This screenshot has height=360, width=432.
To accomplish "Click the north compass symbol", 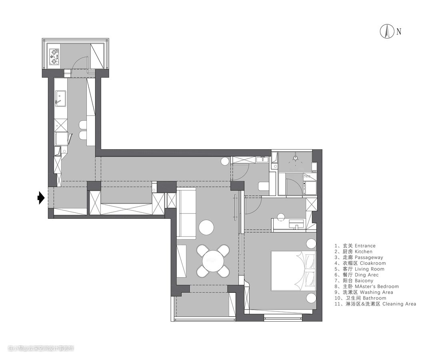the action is pos(387,32).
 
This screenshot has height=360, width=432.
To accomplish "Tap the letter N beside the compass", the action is pos(399,32).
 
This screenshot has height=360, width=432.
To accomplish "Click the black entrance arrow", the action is pos(41,197).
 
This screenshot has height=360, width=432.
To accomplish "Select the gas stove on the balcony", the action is pos(54,57).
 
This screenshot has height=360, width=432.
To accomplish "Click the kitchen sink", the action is pos(60,98).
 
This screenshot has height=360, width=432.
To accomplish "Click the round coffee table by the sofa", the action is pos(206,227).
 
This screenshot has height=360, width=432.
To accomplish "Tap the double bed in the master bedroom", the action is pos(294,270).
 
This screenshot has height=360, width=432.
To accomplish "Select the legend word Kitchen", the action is pos(363,252).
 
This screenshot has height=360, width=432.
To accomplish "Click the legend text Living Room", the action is pos(370,269).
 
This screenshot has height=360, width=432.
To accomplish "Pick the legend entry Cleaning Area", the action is pos(399,304).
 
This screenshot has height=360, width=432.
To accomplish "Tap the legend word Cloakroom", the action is pos(373,263).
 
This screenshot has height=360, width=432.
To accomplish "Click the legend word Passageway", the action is pos(369,258).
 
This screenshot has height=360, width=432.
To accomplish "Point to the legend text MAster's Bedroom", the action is pos(377,286).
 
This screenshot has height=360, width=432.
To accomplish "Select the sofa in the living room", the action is pos(186,212).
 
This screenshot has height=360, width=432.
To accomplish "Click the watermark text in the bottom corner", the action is pos(41,348).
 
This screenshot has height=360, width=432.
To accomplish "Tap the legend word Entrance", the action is pos(365,246).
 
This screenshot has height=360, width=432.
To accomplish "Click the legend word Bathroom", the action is pos(374,298).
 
